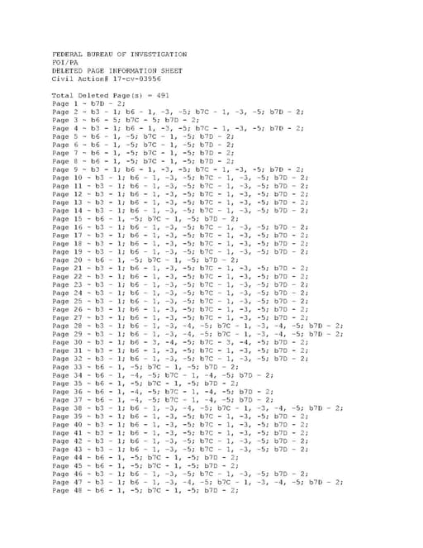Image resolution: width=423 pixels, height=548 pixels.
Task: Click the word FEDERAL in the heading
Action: coord(67,55)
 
